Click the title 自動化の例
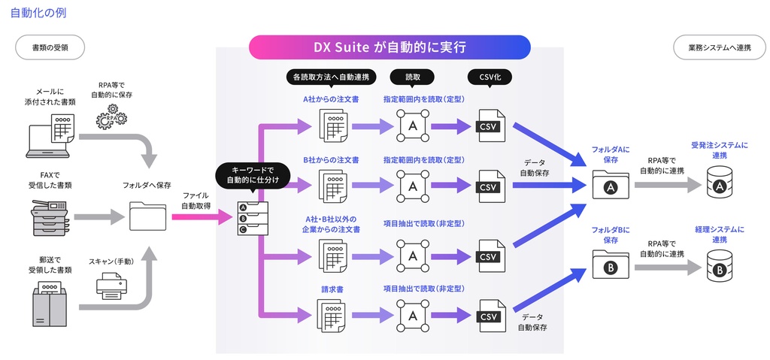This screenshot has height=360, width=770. click(x=36, y=13)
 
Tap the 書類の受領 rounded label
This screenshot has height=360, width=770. click(x=50, y=47)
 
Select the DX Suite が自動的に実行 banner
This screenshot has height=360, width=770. click(x=390, y=47)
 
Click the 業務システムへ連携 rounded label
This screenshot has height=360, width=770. click(x=720, y=47)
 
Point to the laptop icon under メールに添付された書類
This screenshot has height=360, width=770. click(x=50, y=136)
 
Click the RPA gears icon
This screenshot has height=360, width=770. click(x=112, y=117)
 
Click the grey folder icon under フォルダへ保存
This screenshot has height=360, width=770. click(x=147, y=217)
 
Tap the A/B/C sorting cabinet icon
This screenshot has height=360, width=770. click(x=248, y=219)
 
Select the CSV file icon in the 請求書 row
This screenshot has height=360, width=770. click(x=490, y=316)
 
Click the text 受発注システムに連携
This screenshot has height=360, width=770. click(x=719, y=150)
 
